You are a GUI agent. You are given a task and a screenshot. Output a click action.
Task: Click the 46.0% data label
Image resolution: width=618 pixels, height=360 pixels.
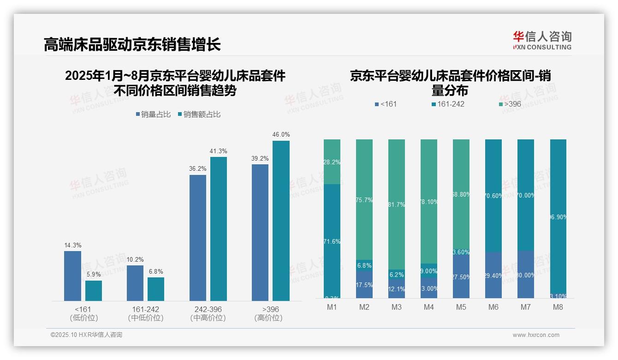[281, 135]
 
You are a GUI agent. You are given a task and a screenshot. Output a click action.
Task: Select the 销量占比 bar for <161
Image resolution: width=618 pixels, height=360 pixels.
[72, 276]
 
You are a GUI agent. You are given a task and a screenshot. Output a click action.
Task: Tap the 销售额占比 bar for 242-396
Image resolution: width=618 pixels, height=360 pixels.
[219, 228]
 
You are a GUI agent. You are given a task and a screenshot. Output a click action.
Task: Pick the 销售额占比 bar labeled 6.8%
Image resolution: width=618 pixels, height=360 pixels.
[156, 289]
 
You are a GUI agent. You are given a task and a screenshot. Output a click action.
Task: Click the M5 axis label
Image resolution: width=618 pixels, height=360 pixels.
[461, 307]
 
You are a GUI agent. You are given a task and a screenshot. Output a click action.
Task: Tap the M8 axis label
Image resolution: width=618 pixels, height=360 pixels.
[558, 307]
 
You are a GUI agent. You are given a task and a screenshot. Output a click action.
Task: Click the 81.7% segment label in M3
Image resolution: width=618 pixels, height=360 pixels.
[396, 204]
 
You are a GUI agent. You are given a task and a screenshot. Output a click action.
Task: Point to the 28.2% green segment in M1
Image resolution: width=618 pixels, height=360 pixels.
[332, 162]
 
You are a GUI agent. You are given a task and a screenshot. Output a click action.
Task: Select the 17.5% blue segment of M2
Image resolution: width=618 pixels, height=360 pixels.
[364, 285]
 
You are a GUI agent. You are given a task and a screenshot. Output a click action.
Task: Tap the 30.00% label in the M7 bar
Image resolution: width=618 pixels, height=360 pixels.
[526, 275]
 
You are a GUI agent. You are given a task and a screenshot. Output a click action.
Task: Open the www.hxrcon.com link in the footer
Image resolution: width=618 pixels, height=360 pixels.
[536, 335]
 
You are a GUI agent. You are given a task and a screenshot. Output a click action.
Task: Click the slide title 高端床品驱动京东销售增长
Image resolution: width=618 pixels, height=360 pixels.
[132, 45]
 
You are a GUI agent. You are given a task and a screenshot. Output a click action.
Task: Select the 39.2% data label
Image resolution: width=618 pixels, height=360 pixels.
[260, 158]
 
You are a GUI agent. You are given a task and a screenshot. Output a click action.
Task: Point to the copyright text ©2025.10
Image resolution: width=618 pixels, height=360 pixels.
[86, 335]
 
